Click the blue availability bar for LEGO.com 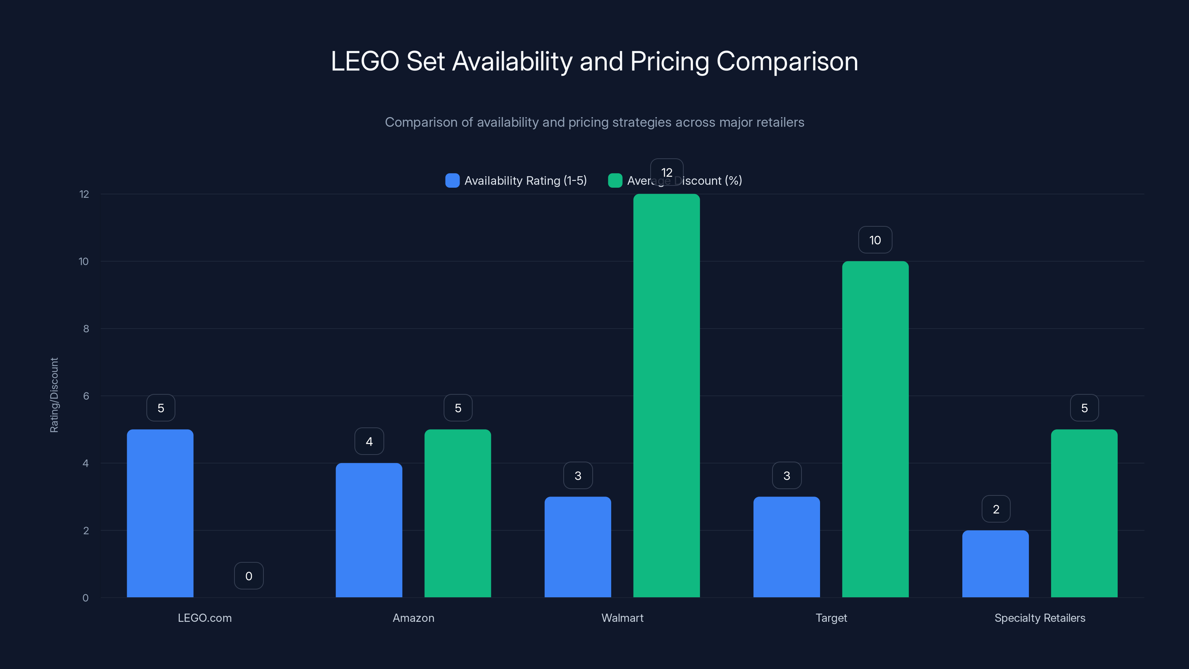click(160, 513)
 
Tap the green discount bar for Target click(875, 429)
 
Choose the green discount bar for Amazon click(457, 513)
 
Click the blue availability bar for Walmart click(577, 547)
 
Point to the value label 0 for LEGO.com click(249, 576)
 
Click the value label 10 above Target click(875, 240)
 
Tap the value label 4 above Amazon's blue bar click(369, 442)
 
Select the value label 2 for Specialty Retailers click(996, 509)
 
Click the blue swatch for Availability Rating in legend click(452, 181)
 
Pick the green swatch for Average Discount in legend click(615, 181)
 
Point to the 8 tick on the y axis click(86, 329)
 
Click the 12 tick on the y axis click(84, 194)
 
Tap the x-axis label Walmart click(622, 618)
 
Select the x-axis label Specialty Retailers click(1040, 618)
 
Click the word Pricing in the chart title click(669, 61)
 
